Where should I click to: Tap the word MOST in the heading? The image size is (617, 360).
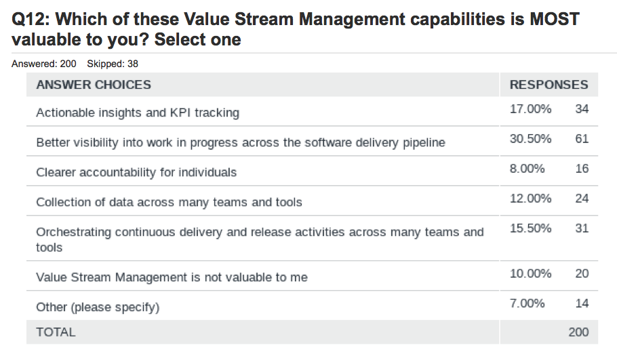tap(555, 19)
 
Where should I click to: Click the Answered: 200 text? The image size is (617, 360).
tap(43, 64)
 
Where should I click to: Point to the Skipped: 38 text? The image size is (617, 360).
tap(113, 64)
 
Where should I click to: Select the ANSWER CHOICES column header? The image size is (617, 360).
tap(94, 85)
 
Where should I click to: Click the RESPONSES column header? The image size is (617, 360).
tap(549, 85)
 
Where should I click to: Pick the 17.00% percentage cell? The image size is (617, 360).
tap(530, 109)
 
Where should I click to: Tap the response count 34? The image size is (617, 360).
tap(582, 109)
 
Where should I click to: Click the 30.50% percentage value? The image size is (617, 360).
tap(530, 139)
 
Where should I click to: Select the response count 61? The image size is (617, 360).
tap(582, 139)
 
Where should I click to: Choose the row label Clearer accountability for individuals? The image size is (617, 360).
tap(136, 172)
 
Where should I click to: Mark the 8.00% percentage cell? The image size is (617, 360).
tap(528, 169)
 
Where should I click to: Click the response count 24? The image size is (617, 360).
tap(582, 199)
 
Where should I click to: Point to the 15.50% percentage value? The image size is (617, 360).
tap(530, 228)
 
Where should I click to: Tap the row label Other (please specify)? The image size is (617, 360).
tap(98, 307)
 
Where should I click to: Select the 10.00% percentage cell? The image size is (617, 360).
tap(530, 274)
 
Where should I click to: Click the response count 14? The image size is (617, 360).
tap(582, 304)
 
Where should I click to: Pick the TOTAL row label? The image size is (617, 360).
tap(56, 332)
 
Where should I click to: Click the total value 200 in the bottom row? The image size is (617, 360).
tap(578, 332)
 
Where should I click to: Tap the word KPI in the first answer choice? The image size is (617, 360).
tap(180, 113)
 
